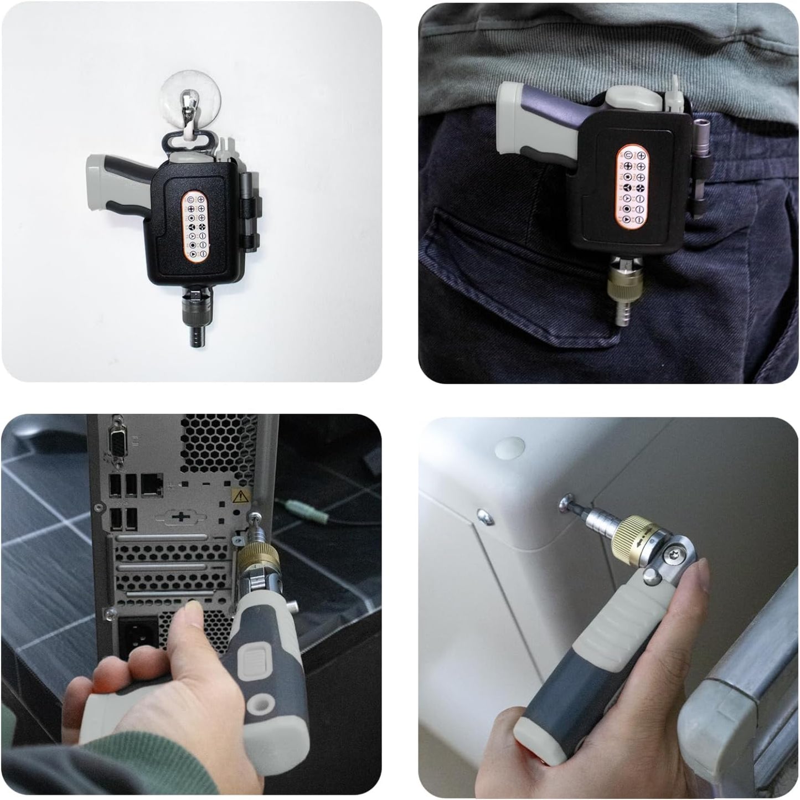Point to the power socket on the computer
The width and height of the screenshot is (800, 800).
pos(136,635)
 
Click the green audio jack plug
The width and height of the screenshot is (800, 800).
pos(297,505)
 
